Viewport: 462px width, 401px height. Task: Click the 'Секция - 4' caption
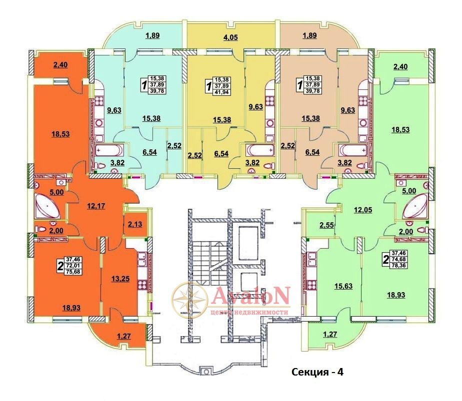point(317,372)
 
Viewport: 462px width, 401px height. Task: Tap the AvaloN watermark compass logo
point(189,300)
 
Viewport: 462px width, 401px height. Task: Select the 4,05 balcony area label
point(230,37)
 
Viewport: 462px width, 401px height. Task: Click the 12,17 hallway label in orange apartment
point(96,206)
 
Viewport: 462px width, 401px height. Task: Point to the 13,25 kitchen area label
point(120,279)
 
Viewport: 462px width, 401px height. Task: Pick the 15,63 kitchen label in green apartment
point(343,286)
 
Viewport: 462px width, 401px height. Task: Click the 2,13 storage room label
point(135,224)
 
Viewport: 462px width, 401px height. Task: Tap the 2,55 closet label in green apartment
point(326,225)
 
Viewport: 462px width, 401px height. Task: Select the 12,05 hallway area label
point(362,210)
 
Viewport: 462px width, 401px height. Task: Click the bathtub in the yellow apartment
point(259,150)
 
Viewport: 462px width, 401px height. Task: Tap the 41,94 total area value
point(222,92)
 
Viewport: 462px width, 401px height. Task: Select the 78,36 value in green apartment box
point(398,265)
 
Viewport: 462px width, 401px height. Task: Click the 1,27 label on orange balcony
point(124,336)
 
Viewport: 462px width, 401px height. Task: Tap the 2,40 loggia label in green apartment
point(400,67)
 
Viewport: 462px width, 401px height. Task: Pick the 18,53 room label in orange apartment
point(60,134)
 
